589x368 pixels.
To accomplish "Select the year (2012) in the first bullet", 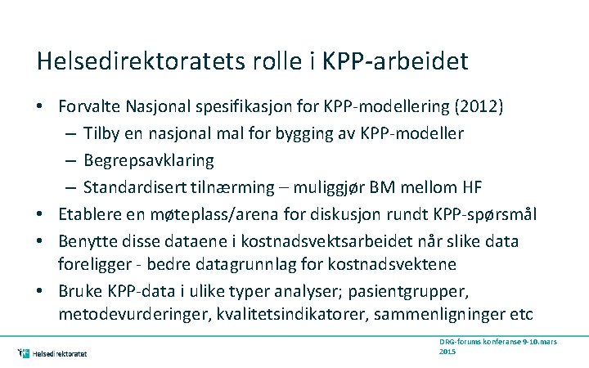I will point(481,106).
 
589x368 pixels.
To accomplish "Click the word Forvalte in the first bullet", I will point(88,106).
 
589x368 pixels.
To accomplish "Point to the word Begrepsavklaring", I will point(148,159).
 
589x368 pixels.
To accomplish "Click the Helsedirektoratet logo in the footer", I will point(52,353).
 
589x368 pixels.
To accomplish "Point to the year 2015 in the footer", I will point(447,351).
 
